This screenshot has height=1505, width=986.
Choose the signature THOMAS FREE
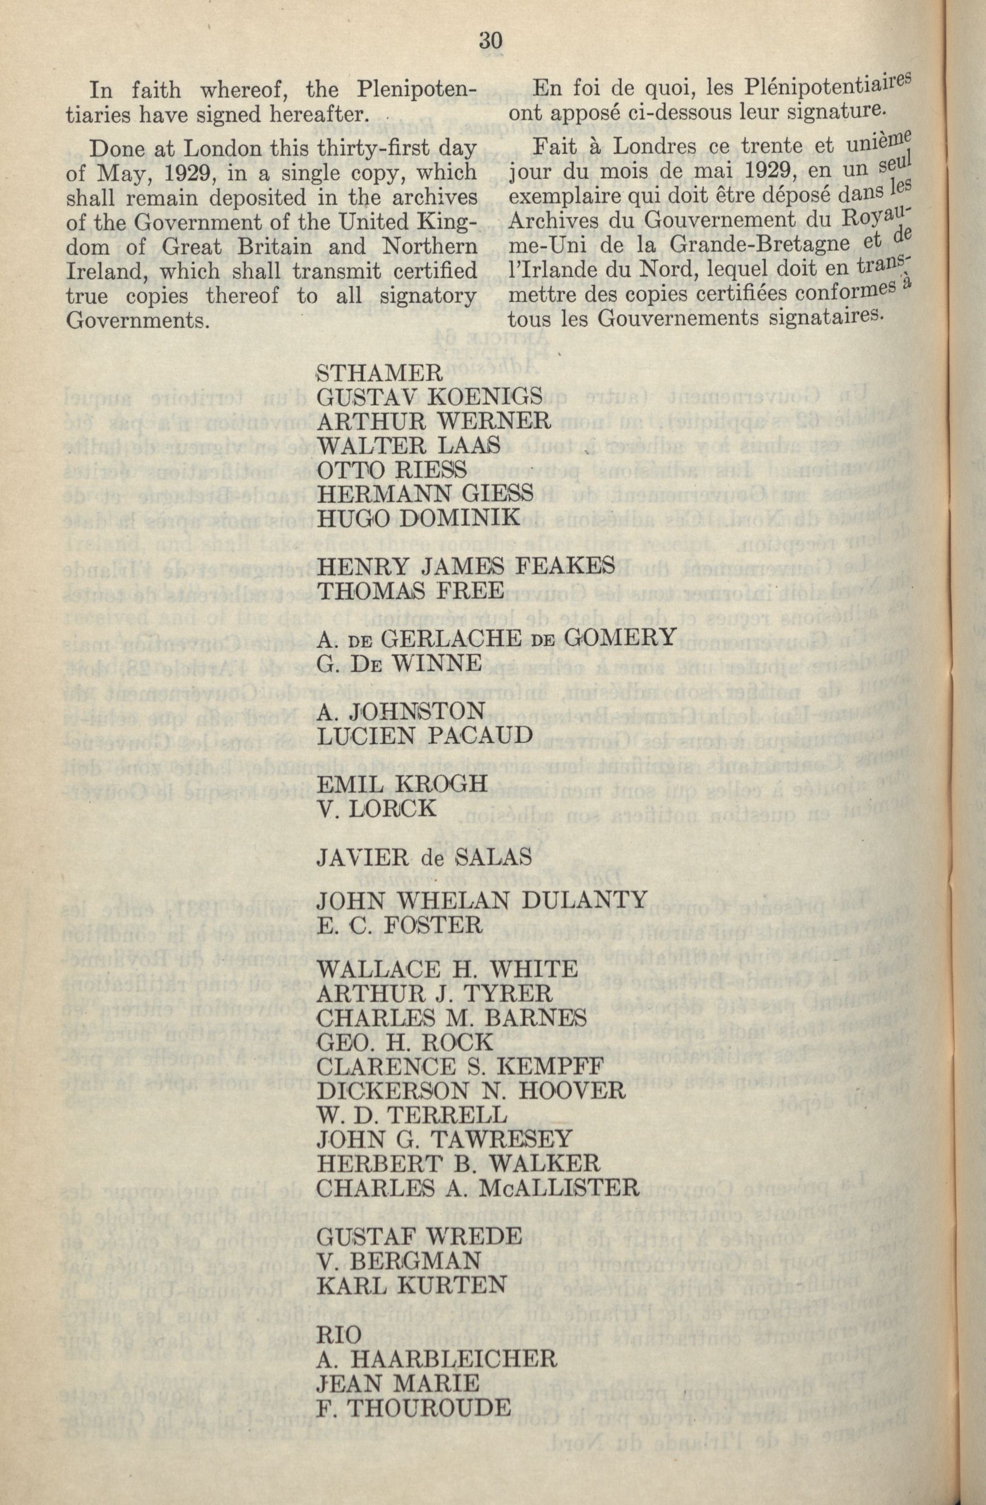(x=410, y=590)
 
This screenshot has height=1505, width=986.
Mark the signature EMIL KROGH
(x=401, y=784)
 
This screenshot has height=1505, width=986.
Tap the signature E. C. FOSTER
(x=400, y=924)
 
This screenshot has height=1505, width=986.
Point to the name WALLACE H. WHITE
(x=446, y=969)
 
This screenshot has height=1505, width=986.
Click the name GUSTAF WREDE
(x=419, y=1234)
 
